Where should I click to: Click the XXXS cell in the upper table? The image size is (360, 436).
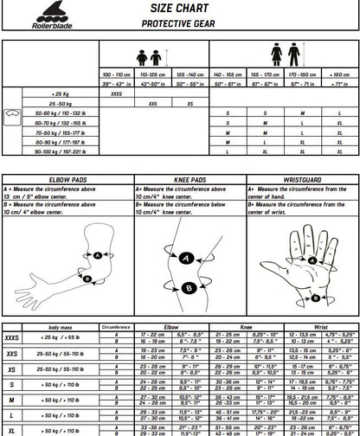[x=118, y=94]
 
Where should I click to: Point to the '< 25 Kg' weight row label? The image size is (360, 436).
[x=61, y=94]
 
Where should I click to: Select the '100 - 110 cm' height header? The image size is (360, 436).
[x=118, y=75]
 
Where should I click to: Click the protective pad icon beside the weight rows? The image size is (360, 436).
[x=11, y=113]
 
